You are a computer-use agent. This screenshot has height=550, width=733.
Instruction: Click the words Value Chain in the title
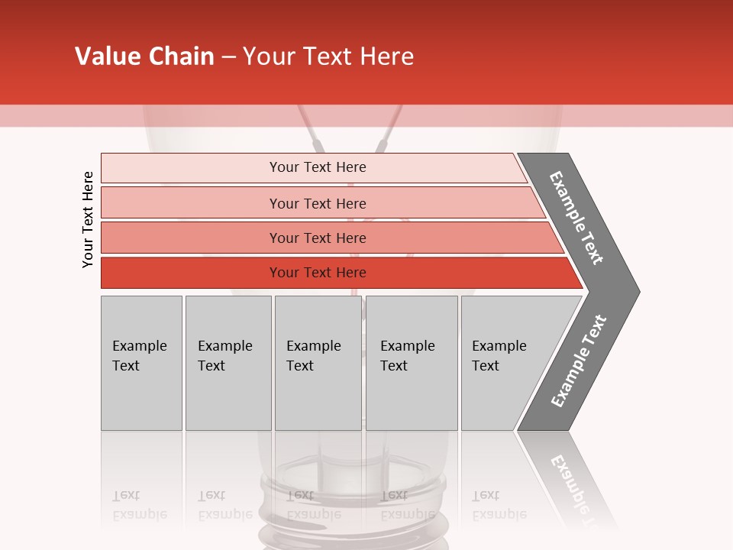click(x=144, y=57)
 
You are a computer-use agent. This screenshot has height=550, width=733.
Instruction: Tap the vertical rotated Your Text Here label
click(x=88, y=219)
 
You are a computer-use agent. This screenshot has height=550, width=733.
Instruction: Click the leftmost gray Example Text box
click(x=141, y=363)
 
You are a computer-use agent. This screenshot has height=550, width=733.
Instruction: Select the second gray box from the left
click(x=228, y=363)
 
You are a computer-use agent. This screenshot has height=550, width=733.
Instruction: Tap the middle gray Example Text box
click(x=318, y=363)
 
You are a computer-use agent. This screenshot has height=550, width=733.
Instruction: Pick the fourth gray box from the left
click(x=411, y=363)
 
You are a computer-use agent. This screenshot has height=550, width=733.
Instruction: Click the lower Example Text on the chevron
click(x=579, y=361)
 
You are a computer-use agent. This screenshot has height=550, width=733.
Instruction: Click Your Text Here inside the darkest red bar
click(x=318, y=273)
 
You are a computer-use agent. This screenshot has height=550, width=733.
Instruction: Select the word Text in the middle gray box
click(x=300, y=366)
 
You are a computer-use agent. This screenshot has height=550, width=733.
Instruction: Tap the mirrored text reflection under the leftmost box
click(x=139, y=505)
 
